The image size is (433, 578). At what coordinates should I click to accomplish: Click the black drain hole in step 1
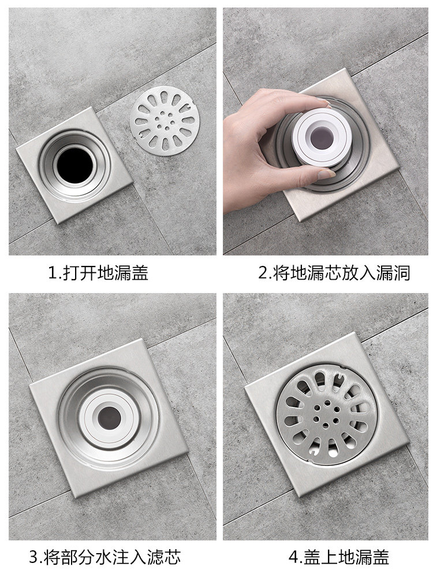pos(75,164)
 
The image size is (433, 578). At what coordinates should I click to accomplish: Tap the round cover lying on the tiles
pos(165,121)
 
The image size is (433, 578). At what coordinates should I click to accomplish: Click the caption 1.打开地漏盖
pos(98,273)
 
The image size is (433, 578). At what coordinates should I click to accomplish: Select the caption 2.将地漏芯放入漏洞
pos(334,273)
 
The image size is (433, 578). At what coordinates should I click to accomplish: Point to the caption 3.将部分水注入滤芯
pos(105,557)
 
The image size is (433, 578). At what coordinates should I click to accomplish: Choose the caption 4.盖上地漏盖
pos(339,557)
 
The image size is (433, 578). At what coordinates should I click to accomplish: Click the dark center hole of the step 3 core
pos(109,418)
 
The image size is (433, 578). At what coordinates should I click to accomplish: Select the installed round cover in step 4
pos(327,414)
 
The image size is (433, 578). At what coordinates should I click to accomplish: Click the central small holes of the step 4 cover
pos(326,415)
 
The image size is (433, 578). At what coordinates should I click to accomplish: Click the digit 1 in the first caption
pos(53,273)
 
